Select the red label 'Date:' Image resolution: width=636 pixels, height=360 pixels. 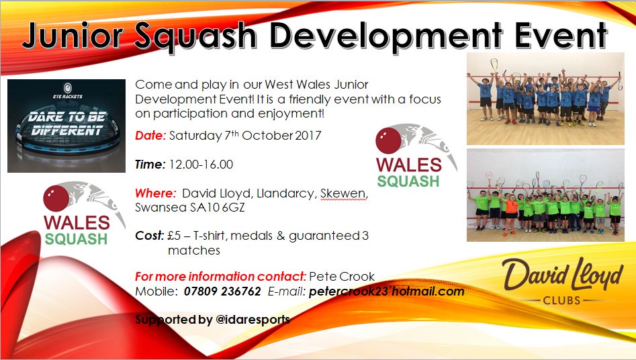pos(150,136)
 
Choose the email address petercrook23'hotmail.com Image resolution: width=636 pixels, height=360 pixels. pos(386,291)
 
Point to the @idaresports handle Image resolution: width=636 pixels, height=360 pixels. pos(252,320)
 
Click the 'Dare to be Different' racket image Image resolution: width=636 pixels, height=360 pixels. pos(66,126)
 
